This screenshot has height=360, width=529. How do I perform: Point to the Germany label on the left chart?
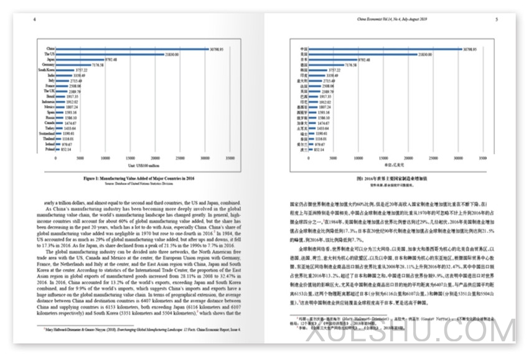48,65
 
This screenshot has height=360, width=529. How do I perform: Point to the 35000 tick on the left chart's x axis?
230,158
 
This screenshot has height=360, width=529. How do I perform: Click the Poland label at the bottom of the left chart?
49,149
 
